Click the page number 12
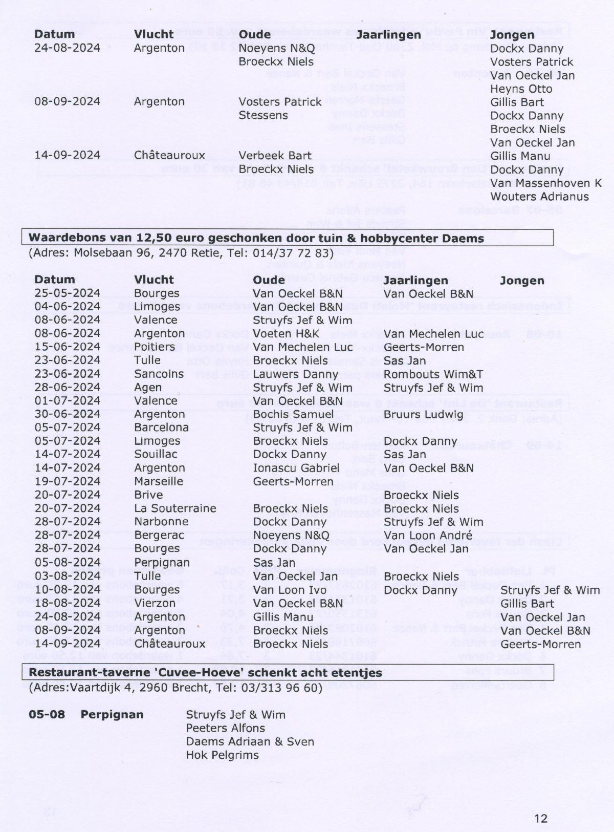coord(540,818)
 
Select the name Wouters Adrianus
coord(539,197)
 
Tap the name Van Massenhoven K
coord(546,183)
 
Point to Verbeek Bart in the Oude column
coord(275,156)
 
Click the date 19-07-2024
coord(67,481)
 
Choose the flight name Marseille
coord(159,481)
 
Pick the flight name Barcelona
coord(161,428)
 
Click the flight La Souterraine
coord(175,508)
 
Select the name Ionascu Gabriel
coord(296,468)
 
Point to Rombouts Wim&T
coord(433,374)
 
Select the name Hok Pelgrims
coord(222,755)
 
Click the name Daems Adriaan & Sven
coord(250,742)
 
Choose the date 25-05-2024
coord(67,293)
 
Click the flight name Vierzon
coord(155,603)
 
